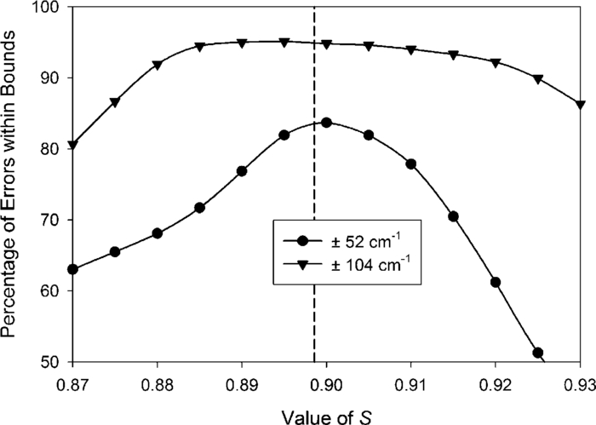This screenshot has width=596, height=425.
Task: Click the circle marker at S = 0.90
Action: point(326,123)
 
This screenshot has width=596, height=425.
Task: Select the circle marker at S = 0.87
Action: point(73,269)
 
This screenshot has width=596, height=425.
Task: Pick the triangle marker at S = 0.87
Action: point(73,145)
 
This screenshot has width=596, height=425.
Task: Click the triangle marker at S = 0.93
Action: point(580,105)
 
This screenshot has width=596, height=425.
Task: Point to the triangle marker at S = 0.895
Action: point(284,42)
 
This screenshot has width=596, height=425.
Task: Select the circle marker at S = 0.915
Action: point(453,216)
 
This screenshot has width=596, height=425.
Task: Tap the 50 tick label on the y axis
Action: point(51,362)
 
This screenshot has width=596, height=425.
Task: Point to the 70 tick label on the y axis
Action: point(51,221)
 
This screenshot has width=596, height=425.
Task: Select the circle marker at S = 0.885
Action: point(200,208)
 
